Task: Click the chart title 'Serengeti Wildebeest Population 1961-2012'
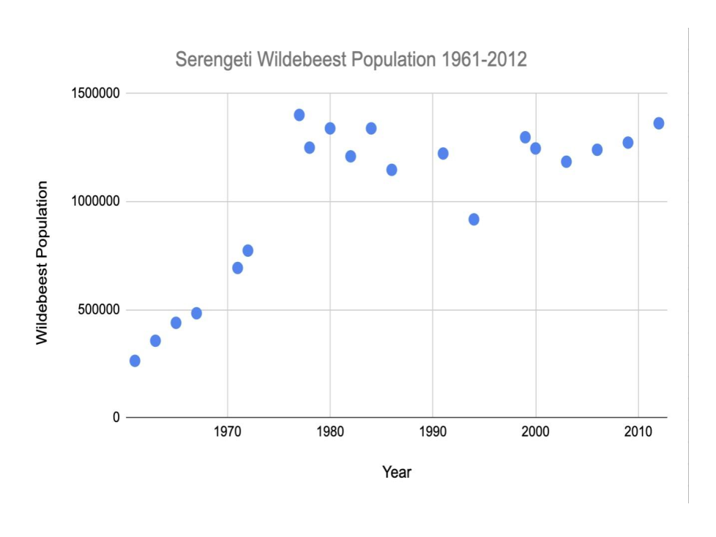[x=351, y=60]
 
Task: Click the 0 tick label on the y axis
[x=115, y=418]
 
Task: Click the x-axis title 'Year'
[x=397, y=473]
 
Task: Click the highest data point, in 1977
[x=299, y=115]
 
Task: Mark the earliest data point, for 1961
[x=135, y=361]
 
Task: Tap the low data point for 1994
[x=474, y=219]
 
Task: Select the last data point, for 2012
[x=659, y=123]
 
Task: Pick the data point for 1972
[x=247, y=250]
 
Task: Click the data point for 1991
[x=443, y=154]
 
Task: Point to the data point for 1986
[x=392, y=170]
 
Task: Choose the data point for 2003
[x=566, y=162]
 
